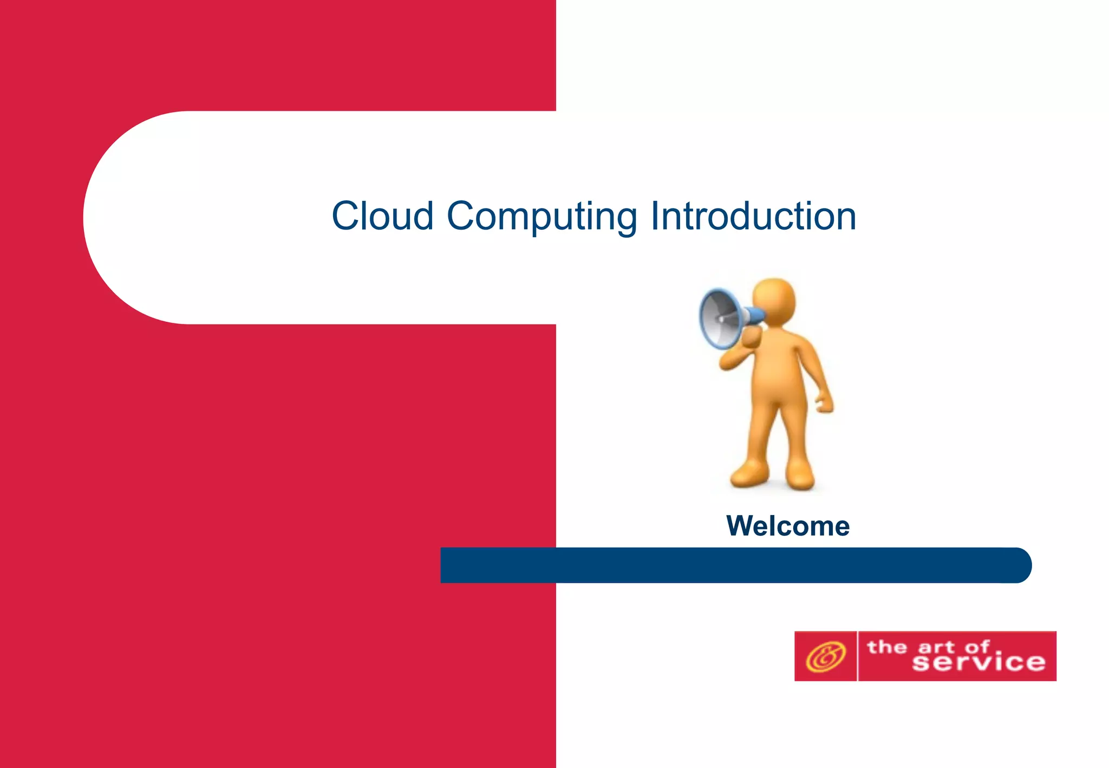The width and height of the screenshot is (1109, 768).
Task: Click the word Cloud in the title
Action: tap(382, 216)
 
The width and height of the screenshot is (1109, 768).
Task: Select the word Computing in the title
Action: tap(542, 217)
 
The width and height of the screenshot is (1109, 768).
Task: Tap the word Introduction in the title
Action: tap(753, 216)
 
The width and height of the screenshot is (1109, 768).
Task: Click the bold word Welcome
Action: tap(788, 526)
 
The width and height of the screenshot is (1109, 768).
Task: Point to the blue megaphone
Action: tap(723, 318)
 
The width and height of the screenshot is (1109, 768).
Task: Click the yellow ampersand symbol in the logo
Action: tap(825, 656)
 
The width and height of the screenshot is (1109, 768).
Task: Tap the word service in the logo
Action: tap(978, 663)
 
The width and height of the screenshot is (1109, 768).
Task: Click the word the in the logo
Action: tap(886, 647)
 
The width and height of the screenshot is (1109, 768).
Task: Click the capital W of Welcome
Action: tap(741, 526)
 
